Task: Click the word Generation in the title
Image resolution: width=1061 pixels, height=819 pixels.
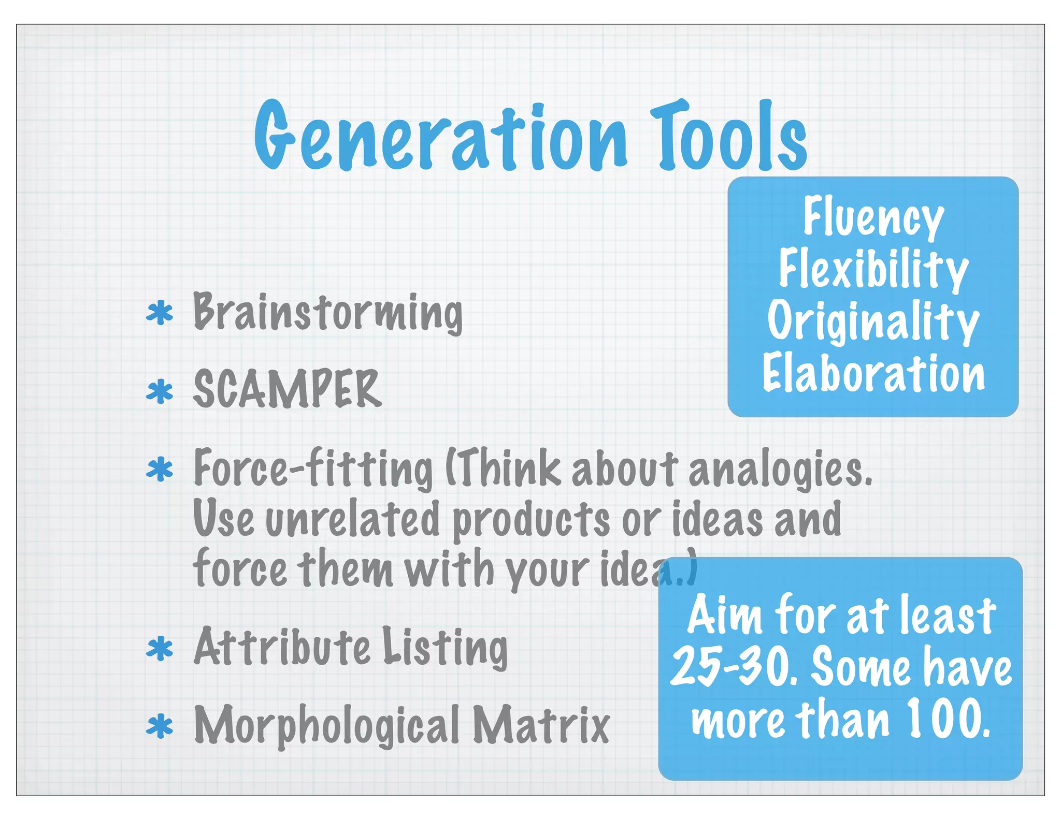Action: click(440, 137)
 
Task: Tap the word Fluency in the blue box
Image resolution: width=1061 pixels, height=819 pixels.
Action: click(873, 217)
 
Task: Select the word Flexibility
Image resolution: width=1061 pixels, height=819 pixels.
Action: click(873, 269)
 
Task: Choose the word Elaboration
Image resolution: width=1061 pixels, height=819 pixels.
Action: click(873, 373)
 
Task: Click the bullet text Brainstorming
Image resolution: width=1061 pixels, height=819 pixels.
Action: click(327, 312)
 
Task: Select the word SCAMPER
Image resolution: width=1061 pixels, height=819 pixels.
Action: click(288, 389)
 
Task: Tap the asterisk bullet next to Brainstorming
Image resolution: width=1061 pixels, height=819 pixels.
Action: click(160, 313)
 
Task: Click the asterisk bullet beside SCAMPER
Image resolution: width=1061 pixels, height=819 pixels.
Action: click(160, 391)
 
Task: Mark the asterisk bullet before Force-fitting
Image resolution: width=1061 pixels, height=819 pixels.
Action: click(160, 469)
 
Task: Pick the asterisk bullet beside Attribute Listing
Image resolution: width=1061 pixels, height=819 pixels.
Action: click(160, 648)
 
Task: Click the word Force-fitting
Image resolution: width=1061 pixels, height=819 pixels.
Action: click(313, 469)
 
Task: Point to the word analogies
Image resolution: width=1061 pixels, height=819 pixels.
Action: click(780, 469)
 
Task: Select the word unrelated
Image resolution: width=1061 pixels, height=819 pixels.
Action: click(352, 519)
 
